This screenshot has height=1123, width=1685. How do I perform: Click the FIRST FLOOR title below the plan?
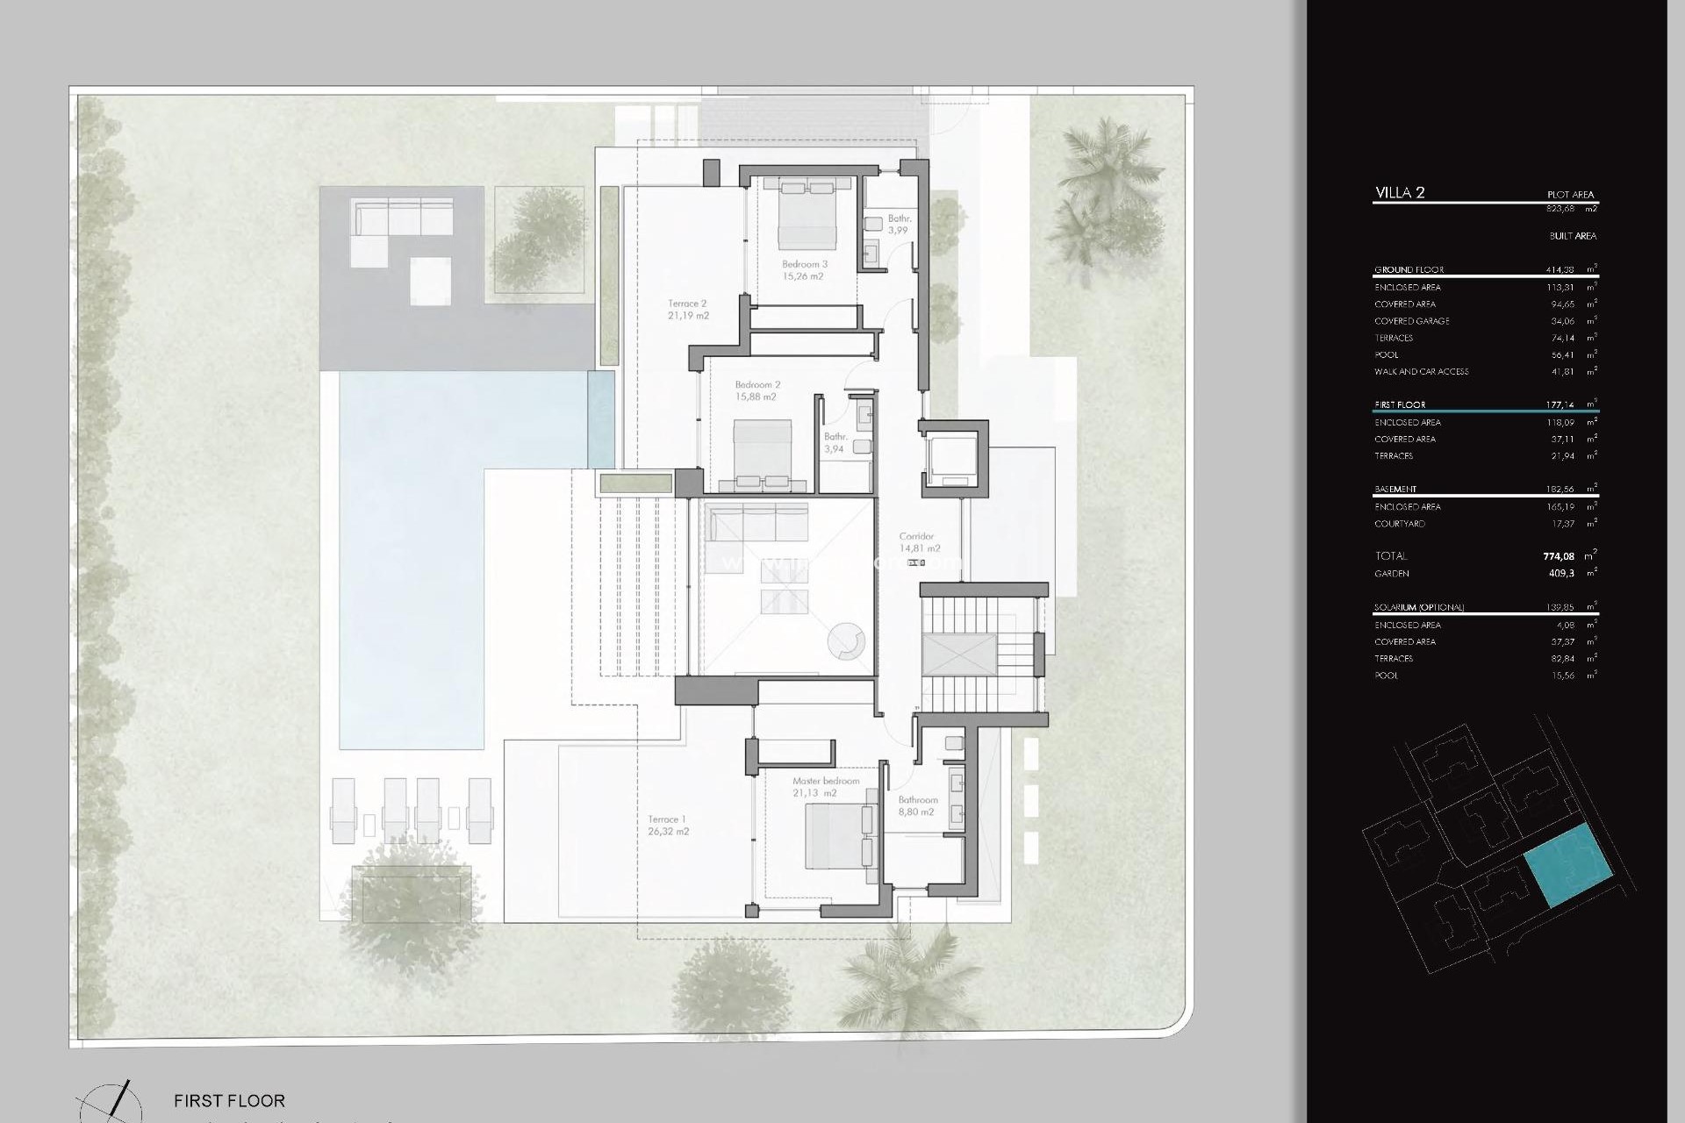pyautogui.click(x=229, y=1100)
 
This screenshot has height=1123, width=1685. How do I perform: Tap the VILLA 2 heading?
pyautogui.click(x=1400, y=193)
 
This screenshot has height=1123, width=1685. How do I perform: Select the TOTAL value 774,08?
pyautogui.click(x=1559, y=556)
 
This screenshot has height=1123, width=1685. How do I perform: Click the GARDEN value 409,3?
pyautogui.click(x=1561, y=574)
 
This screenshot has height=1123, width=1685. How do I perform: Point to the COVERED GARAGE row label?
pyautogui.click(x=1411, y=321)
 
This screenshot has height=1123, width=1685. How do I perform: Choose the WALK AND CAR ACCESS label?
pyautogui.click(x=1421, y=372)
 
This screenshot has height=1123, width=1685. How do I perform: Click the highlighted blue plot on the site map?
pyautogui.click(x=1568, y=865)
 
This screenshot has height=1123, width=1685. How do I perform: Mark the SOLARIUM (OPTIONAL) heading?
pyautogui.click(x=1419, y=607)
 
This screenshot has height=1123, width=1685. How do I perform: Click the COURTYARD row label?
pyautogui.click(x=1399, y=524)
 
